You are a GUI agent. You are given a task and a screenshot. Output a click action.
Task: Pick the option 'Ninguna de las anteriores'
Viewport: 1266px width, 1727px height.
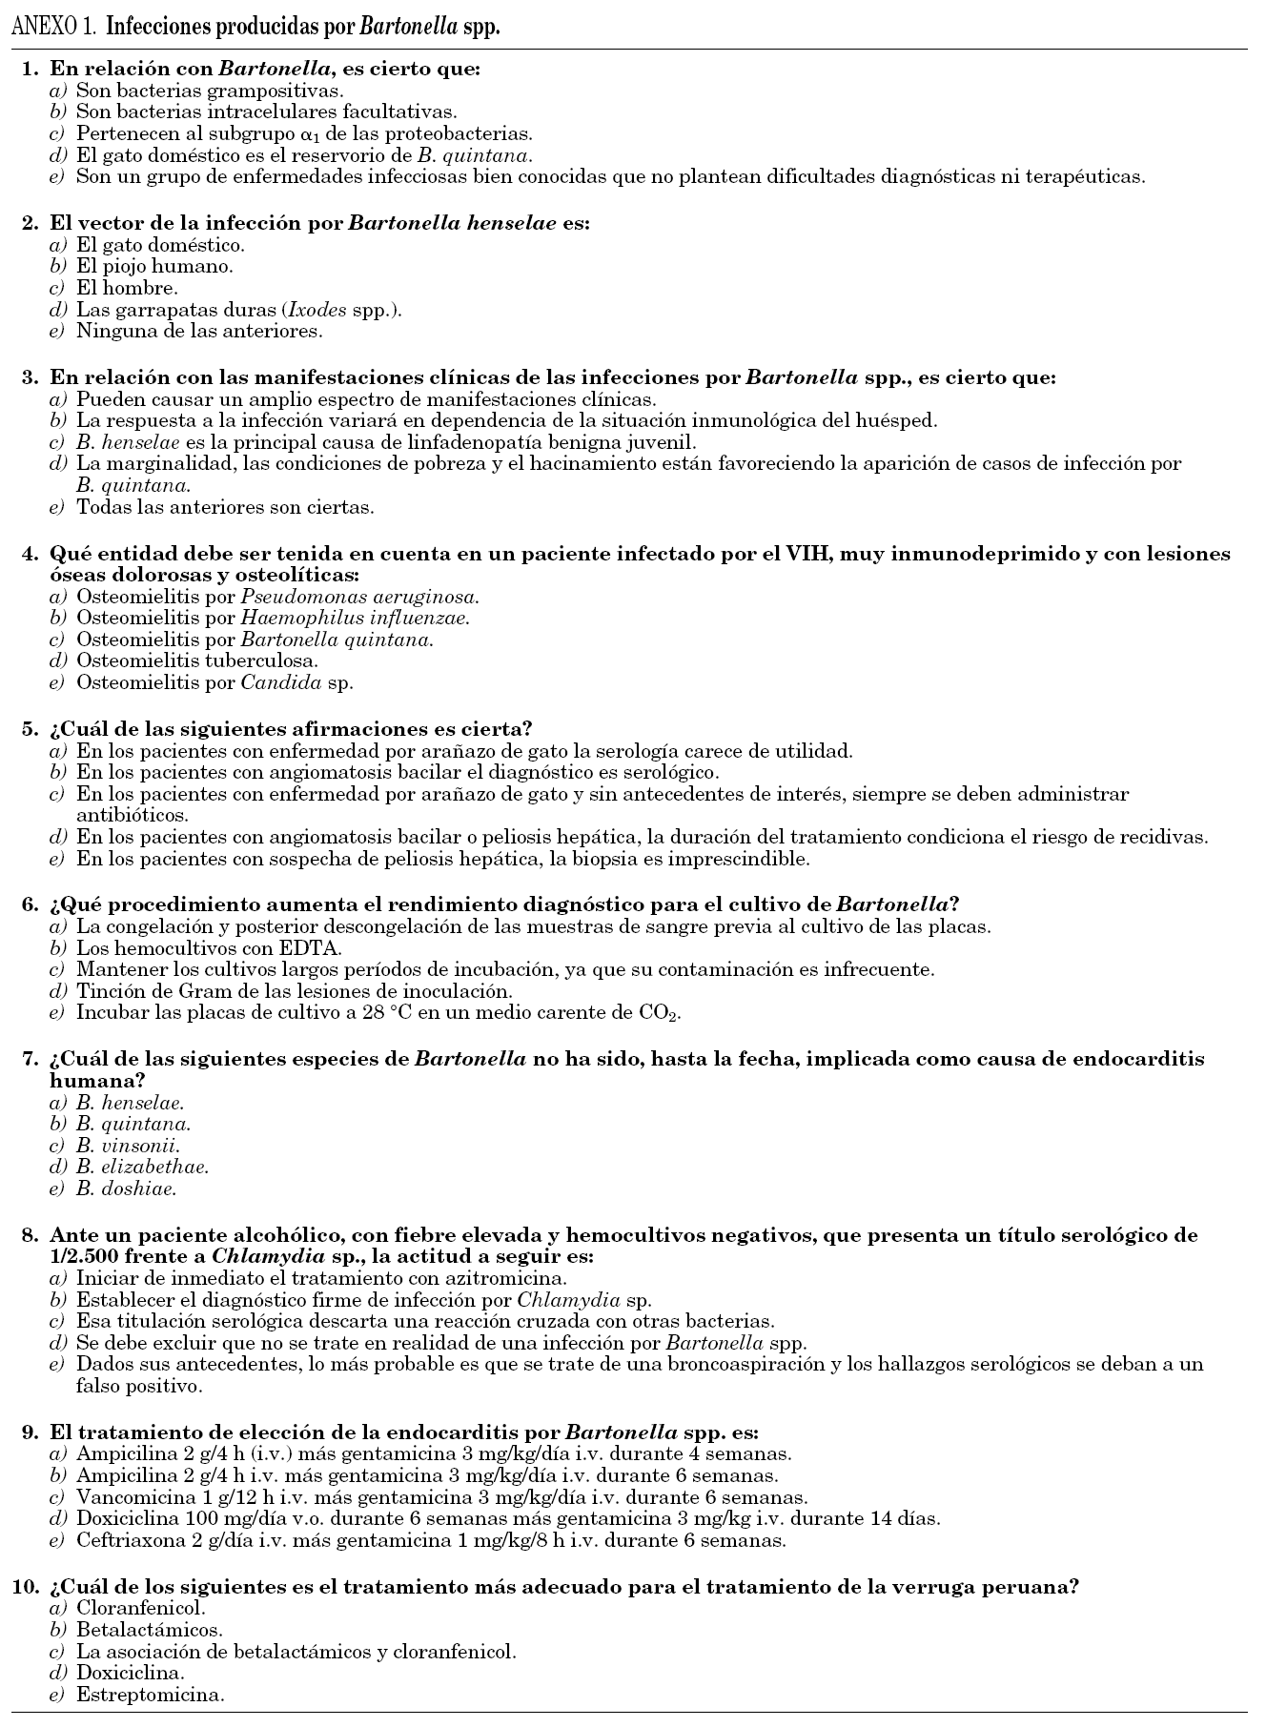(x=199, y=332)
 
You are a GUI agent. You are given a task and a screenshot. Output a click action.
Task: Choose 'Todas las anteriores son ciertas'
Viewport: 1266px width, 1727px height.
(x=225, y=507)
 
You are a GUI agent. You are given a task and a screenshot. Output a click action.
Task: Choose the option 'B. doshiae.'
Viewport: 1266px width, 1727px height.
(x=127, y=1189)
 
